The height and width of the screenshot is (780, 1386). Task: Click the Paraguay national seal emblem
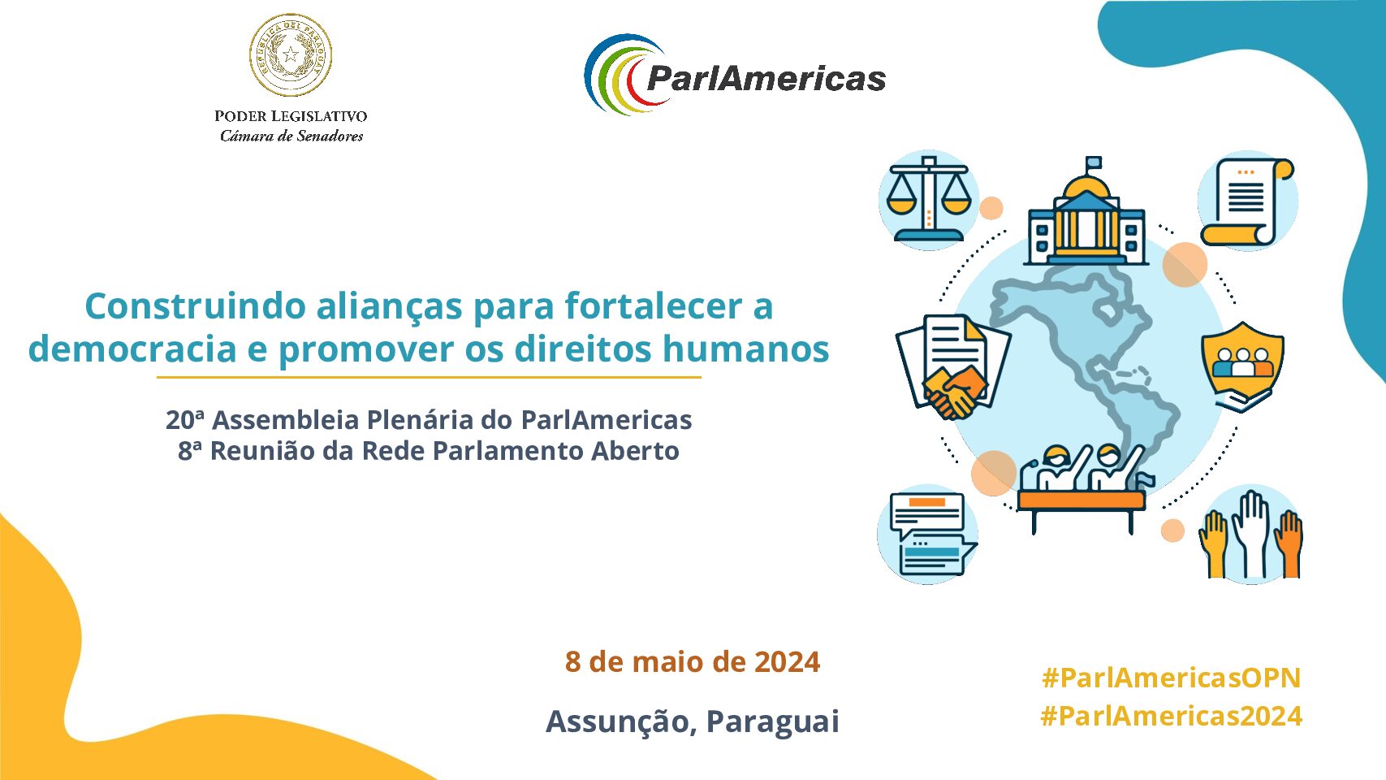pos(290,55)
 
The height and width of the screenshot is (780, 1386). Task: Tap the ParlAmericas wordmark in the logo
pos(766,79)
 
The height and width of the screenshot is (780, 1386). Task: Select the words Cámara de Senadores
pos(291,136)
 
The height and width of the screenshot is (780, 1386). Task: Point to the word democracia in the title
pos(132,349)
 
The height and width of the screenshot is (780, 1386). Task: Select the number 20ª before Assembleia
pos(184,420)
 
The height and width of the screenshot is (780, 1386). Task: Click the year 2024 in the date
pos(787,661)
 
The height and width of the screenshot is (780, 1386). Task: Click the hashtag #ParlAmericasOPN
pos(1172,678)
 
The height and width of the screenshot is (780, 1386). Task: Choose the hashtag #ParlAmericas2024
pos(1172,717)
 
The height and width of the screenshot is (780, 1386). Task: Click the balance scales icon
pos(929,199)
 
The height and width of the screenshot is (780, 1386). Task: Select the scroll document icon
pos(1247,201)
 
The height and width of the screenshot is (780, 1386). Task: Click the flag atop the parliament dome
pos(1094,162)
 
